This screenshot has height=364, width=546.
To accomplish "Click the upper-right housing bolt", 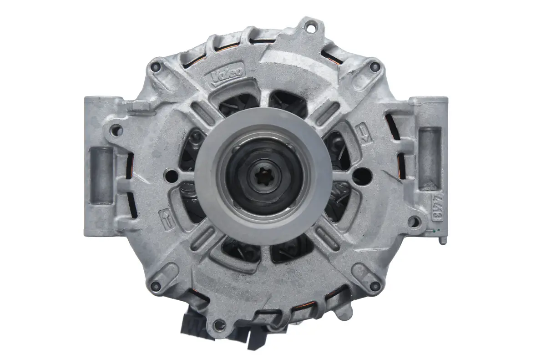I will [x=374, y=67].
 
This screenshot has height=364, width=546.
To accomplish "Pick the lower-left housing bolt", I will [x=156, y=286].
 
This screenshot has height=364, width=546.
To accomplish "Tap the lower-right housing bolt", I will [x=374, y=286].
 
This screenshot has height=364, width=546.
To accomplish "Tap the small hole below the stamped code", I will [x=413, y=222].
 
